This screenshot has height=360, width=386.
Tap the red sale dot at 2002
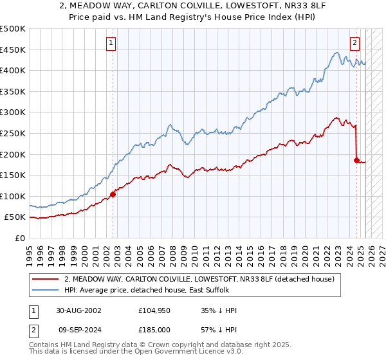[x=113, y=194]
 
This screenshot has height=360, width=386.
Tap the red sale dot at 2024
[x=356, y=159]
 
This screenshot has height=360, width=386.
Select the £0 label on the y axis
[x=19, y=238]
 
